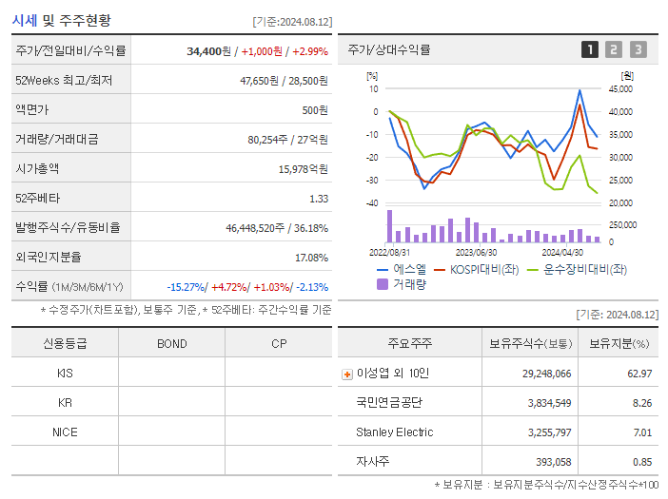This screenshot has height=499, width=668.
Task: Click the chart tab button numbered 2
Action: pos(614,49)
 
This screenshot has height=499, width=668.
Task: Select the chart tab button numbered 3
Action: pos(638,49)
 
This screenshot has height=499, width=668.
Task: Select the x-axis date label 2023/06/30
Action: pos(476,253)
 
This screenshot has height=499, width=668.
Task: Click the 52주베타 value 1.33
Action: pos(318,198)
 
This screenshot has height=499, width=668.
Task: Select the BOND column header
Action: pos(171,343)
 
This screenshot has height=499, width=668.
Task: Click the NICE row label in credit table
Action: pos(65,432)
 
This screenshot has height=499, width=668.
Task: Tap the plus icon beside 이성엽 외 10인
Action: pos(347,374)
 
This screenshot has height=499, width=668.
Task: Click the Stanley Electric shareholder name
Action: pos(394,432)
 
